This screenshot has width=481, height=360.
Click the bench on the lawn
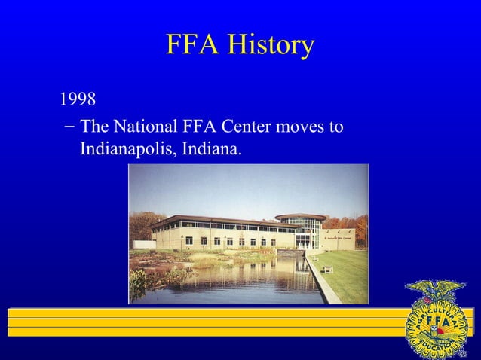tap(328, 270)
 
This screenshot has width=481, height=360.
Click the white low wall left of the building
tap(143, 245)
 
